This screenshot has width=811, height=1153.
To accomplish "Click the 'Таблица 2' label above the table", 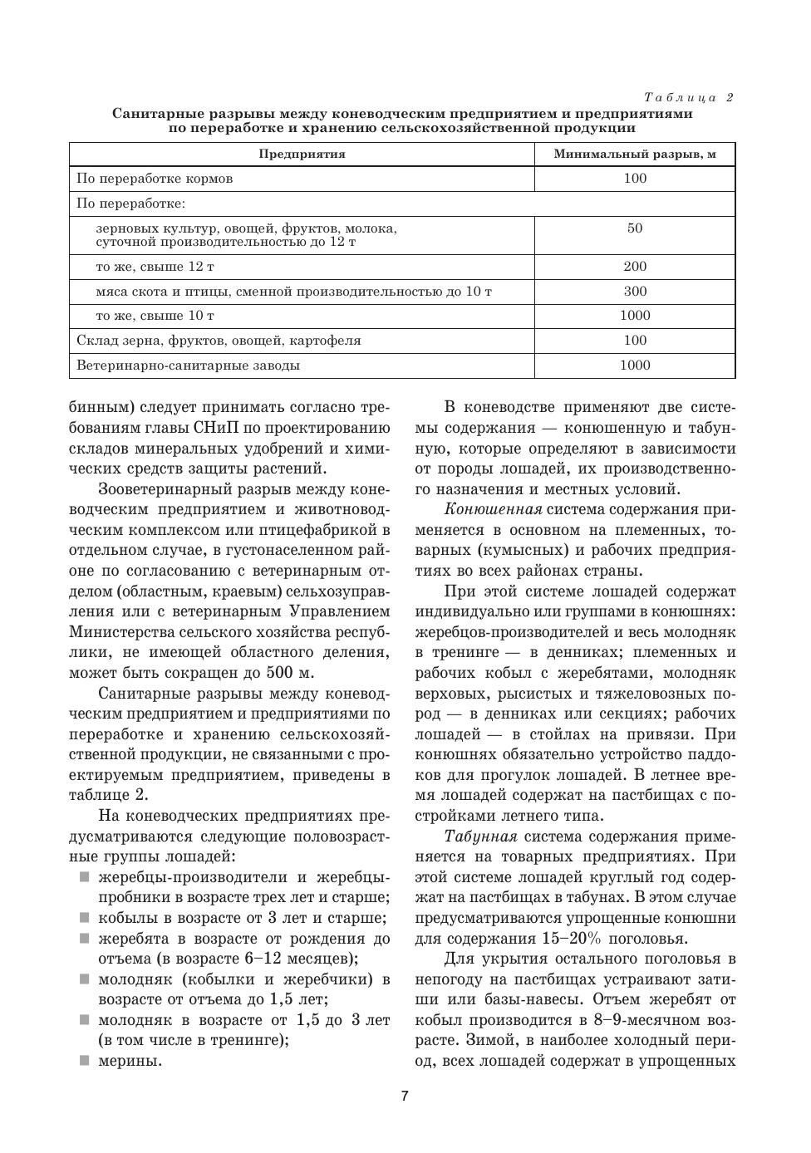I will (689, 97).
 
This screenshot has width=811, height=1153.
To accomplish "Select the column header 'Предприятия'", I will (302, 155).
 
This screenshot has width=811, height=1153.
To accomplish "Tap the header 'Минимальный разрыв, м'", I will (635, 155).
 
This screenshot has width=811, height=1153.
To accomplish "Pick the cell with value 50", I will (635, 228).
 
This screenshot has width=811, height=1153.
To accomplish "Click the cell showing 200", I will (635, 267).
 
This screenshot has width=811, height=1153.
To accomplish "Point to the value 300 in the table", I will (635, 292).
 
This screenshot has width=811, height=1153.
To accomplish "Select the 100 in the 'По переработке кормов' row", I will (635, 179).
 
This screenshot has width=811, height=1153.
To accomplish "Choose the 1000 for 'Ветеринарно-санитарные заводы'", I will (635, 366).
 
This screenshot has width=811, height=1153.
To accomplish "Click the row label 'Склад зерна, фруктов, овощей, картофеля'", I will (219, 341).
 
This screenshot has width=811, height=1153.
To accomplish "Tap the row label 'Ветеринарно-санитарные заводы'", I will (188, 366).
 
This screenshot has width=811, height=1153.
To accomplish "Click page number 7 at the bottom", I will (405, 1097).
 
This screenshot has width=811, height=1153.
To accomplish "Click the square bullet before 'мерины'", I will (85, 1060).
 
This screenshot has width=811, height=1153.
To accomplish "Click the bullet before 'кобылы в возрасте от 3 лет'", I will (85, 918).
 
